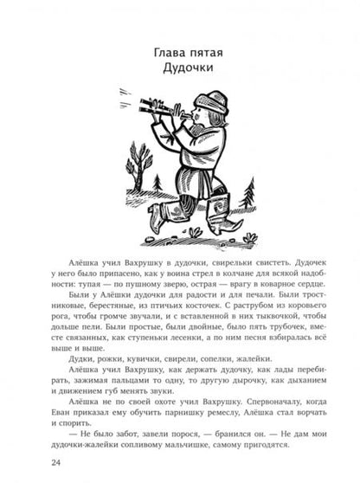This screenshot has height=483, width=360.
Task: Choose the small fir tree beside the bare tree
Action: [157, 184]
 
